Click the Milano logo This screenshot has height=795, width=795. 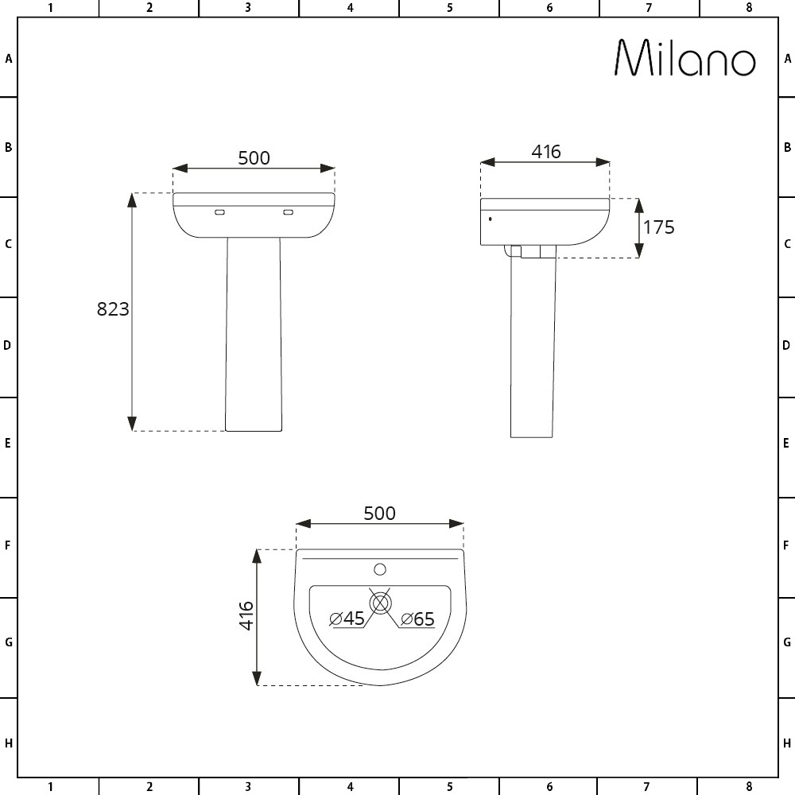pyautogui.click(x=684, y=58)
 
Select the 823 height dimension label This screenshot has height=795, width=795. pyautogui.click(x=113, y=309)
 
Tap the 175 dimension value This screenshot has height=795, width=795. pyautogui.click(x=658, y=227)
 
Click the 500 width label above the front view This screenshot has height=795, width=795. pyautogui.click(x=254, y=157)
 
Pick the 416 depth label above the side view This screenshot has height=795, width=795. pyautogui.click(x=546, y=151)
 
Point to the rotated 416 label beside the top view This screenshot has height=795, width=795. pyautogui.click(x=246, y=615)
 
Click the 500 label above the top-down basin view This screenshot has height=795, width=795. pyautogui.click(x=379, y=514)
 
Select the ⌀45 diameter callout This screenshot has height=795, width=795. pyautogui.click(x=347, y=619)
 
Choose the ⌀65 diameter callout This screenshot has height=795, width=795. pyautogui.click(x=417, y=619)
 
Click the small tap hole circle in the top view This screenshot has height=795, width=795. pyautogui.click(x=380, y=569)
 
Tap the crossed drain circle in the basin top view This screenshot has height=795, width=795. pyautogui.click(x=380, y=603)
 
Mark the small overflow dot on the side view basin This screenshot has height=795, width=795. pyautogui.click(x=490, y=218)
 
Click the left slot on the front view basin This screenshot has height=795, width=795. pyautogui.click(x=220, y=212)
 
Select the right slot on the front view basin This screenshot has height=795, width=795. pyautogui.click(x=289, y=212)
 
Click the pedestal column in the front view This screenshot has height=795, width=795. pyautogui.click(x=254, y=334)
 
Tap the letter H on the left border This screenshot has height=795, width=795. pyautogui.click(x=8, y=744)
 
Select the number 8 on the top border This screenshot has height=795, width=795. pyautogui.click(x=748, y=8)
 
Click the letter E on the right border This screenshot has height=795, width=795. pyautogui.click(x=786, y=444)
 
